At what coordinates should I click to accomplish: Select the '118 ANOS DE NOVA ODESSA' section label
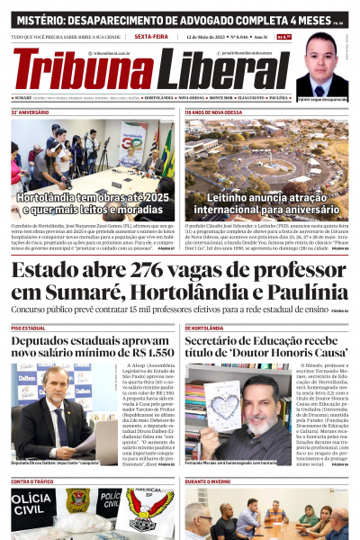point(212,113)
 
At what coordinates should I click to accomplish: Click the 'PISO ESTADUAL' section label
point(29,328)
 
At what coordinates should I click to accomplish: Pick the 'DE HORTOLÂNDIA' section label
point(205,328)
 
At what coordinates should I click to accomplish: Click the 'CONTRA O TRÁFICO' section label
point(33,482)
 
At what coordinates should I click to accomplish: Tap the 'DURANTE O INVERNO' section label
point(210,482)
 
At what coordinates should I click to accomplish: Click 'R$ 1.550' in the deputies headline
point(149,354)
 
